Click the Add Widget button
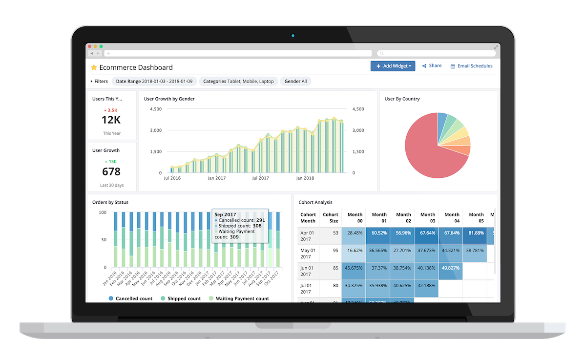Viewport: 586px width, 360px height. point(393,66)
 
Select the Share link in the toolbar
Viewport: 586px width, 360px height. point(432,66)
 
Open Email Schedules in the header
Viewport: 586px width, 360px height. point(471,66)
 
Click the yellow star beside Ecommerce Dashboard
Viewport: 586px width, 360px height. point(94,67)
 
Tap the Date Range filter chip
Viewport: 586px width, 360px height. point(154,82)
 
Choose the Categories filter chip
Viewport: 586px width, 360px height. point(238,82)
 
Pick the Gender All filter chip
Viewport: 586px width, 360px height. point(295,82)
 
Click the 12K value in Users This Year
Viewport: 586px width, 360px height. point(111,120)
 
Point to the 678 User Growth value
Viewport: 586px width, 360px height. point(111,171)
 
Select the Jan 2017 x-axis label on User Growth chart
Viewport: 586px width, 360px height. point(216,179)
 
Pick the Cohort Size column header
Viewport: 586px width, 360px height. point(331,218)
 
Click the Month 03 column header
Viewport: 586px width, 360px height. point(427,218)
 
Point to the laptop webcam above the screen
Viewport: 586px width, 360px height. point(293,35)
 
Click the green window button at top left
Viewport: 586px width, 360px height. point(101,46)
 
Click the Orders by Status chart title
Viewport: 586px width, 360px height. point(110,202)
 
